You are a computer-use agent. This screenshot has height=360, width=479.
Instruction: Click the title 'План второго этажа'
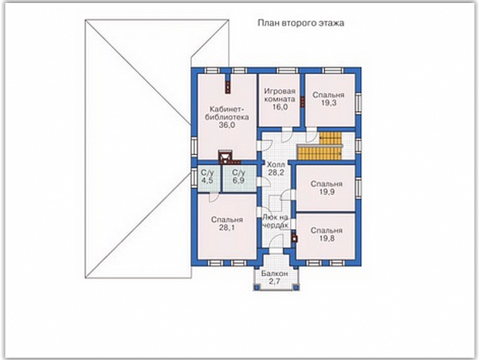(301, 23)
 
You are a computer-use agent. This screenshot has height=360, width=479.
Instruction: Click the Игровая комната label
(280, 95)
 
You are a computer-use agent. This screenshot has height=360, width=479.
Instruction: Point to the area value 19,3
(329, 103)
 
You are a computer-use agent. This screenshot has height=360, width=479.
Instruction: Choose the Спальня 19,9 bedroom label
(326, 188)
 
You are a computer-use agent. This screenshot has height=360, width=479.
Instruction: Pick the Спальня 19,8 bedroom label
(326, 234)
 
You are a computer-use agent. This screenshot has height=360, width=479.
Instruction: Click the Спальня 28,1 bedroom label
(227, 224)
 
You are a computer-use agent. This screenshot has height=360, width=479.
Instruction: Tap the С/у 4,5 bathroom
(207, 176)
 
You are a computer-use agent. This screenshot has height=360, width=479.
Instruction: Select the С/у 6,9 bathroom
(239, 176)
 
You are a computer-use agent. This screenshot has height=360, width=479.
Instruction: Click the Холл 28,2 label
(276, 169)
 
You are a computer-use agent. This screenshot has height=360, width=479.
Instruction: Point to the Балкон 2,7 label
(274, 278)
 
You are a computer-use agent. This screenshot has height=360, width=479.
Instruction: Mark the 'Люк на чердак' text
(275, 221)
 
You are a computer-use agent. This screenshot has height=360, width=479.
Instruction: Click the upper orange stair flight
(330, 138)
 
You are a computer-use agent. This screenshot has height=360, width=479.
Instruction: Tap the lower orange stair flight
(320, 153)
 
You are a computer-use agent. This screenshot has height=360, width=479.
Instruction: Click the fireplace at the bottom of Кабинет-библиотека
(225, 156)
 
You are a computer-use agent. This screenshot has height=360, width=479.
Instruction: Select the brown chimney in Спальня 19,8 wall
(295, 237)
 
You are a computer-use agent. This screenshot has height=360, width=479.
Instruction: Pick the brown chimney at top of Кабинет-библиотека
(228, 83)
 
